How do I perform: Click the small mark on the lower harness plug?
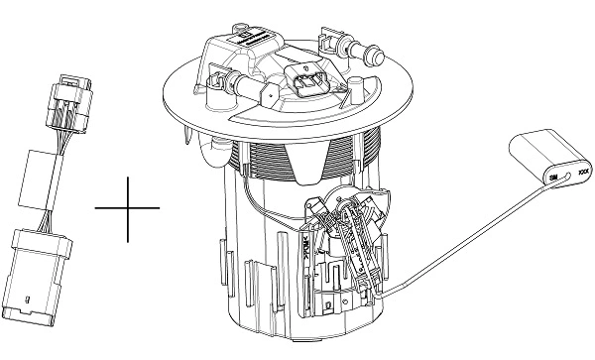click(x=31, y=297)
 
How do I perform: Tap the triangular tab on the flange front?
click(x=267, y=95)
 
